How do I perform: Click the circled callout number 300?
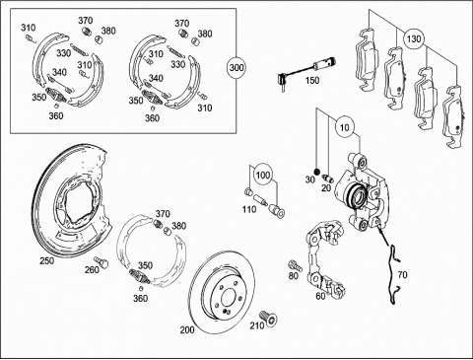tap(236, 68)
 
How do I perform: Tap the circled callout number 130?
tap(413, 38)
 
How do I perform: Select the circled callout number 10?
tap(344, 127)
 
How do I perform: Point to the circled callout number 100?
tap(263, 175)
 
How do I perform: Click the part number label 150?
tap(311, 80)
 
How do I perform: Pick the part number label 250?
tap(47, 260)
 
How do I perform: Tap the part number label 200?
tap(187, 329)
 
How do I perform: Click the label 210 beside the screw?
tap(257, 325)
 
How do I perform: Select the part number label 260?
tap(92, 269)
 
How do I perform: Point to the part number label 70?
tap(402, 274)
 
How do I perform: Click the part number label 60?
tap(320, 296)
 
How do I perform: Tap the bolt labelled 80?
tap(296, 265)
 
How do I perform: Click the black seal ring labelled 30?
tap(317, 172)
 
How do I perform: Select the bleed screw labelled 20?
tap(328, 178)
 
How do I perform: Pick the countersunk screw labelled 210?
tap(268, 318)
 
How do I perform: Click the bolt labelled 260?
tap(101, 262)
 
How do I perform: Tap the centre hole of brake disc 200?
tap(228, 298)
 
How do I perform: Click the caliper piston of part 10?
tap(357, 196)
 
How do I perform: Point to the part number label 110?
tap(249, 209)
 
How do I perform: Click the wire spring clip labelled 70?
tap(394, 273)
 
